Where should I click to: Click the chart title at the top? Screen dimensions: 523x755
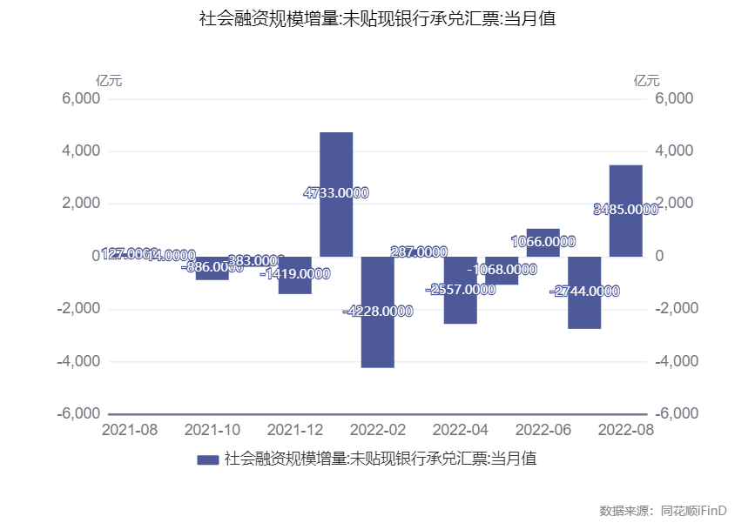377,18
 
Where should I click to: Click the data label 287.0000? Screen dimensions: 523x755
420,252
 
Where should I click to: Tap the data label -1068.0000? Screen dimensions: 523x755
502,270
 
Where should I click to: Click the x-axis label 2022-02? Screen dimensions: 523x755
377,430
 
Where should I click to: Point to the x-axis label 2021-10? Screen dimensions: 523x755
212,430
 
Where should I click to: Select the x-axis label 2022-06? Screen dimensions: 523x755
543,430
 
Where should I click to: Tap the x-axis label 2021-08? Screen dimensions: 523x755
130,430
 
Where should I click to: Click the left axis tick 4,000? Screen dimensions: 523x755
80,151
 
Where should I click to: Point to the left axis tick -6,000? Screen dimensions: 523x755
78,413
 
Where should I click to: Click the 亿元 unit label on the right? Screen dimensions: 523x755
646,81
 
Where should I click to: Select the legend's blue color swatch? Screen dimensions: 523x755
208,459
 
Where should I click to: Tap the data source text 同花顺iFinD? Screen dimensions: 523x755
694,510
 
